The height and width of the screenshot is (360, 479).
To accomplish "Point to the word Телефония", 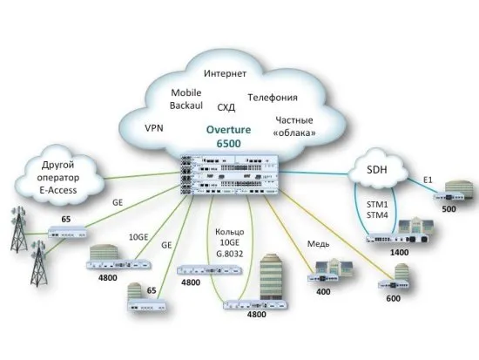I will click(x=273, y=98).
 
